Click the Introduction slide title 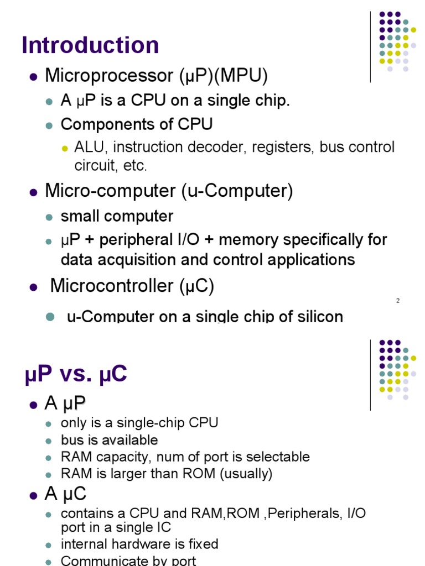(x=90, y=45)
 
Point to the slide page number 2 (x=398, y=301)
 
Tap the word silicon (x=322, y=317)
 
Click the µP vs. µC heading (x=76, y=375)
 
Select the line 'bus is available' (x=109, y=440)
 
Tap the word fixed (x=202, y=544)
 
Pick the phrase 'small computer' (x=117, y=216)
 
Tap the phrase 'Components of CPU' (x=136, y=124)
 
